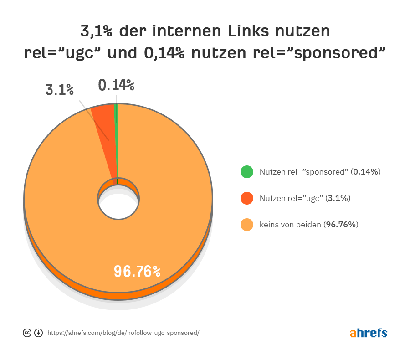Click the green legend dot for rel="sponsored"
(x=247, y=172)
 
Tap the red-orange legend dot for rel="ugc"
(x=247, y=198)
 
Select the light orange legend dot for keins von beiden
(x=247, y=225)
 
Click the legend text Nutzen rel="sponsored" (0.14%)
(x=320, y=172)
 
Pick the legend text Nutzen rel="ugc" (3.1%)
(x=305, y=198)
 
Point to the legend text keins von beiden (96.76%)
(x=309, y=225)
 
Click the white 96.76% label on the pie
(x=137, y=272)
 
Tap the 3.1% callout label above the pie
(x=60, y=89)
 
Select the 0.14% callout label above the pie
(x=116, y=85)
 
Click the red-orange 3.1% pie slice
(x=104, y=123)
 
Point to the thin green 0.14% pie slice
(x=117, y=137)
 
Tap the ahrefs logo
(x=369, y=333)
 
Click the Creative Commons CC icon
(x=27, y=333)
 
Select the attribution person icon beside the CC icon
(x=38, y=333)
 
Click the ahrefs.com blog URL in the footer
(x=123, y=333)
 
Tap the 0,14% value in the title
(x=164, y=53)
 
